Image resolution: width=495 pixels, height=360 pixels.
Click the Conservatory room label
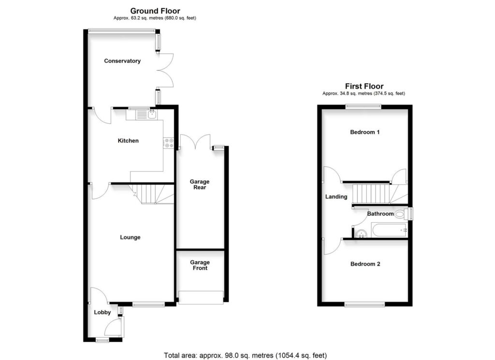point(122,61)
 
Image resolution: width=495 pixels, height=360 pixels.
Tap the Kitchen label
point(128,141)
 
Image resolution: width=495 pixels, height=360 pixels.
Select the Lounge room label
point(130,237)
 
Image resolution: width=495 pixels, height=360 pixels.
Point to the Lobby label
point(102,312)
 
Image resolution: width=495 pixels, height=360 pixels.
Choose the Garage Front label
point(200,265)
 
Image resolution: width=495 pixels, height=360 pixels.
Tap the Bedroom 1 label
point(364,132)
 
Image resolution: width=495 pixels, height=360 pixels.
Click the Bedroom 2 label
point(365,264)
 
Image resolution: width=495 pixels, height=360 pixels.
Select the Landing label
point(336,197)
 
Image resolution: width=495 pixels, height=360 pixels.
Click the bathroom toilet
point(400,214)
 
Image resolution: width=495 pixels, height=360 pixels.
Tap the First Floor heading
point(364,86)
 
